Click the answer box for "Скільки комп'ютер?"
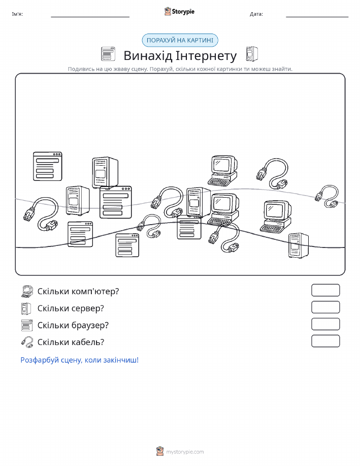325,290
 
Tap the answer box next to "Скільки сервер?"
325,307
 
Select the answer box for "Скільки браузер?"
325,324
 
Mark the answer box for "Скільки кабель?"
325,341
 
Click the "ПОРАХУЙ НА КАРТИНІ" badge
180,41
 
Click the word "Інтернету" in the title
206,56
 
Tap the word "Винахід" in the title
148,56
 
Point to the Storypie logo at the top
179,12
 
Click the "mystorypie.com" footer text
185,452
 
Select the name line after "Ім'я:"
90,17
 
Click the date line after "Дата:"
317,17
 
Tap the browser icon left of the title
108,54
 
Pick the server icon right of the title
252,54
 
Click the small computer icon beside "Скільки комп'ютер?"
27,292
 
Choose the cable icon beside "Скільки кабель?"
27,342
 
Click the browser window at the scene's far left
48,167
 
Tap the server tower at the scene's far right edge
298,245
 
